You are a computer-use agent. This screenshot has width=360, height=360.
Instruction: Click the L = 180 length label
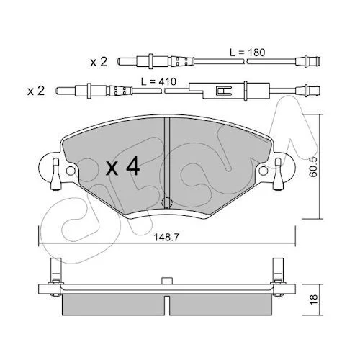tap(248, 53)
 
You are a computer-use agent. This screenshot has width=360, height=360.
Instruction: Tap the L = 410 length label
tap(158, 81)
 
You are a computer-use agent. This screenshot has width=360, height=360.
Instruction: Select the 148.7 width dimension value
tap(166, 238)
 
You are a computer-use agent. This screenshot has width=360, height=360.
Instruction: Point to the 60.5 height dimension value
tap(313, 167)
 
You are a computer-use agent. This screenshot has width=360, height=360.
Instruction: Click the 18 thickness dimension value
tap(313, 300)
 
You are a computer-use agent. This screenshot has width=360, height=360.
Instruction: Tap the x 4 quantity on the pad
tap(123, 166)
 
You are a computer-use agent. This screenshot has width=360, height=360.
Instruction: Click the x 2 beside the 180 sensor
tap(99, 62)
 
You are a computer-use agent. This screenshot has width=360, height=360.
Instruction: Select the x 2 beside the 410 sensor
tap(36, 91)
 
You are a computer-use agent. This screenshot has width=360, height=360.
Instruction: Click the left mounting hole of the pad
tap(71, 171)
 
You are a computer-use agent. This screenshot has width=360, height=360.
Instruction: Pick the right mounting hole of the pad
tap(264, 171)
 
